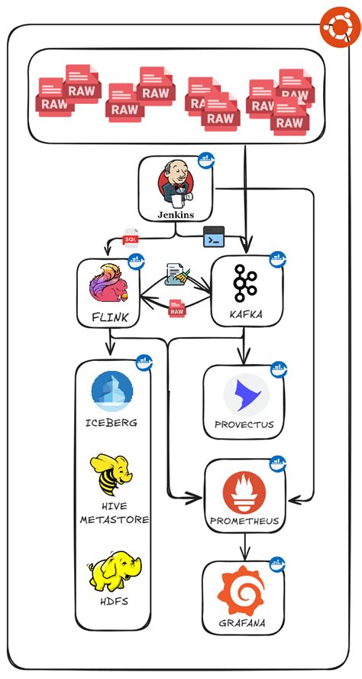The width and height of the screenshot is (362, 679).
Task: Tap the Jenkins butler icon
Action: (175, 184)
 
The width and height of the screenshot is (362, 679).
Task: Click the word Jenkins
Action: (175, 215)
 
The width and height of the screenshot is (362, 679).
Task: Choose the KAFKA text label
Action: (246, 314)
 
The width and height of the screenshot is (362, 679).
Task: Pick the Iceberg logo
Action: (112, 391)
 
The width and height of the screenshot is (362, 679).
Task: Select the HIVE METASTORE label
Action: (114, 513)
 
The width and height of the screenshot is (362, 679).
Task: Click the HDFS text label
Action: (112, 600)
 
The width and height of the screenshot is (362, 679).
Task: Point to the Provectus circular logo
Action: (246, 395)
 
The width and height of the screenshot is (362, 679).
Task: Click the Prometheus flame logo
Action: (244, 493)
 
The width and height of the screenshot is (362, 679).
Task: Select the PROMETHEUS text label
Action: (244, 522)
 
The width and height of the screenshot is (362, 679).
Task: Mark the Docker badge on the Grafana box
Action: (277, 564)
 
